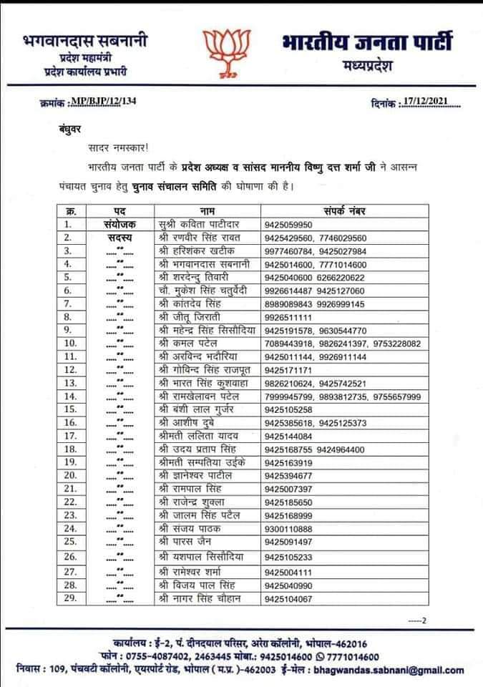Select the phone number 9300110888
click(x=290, y=548)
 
